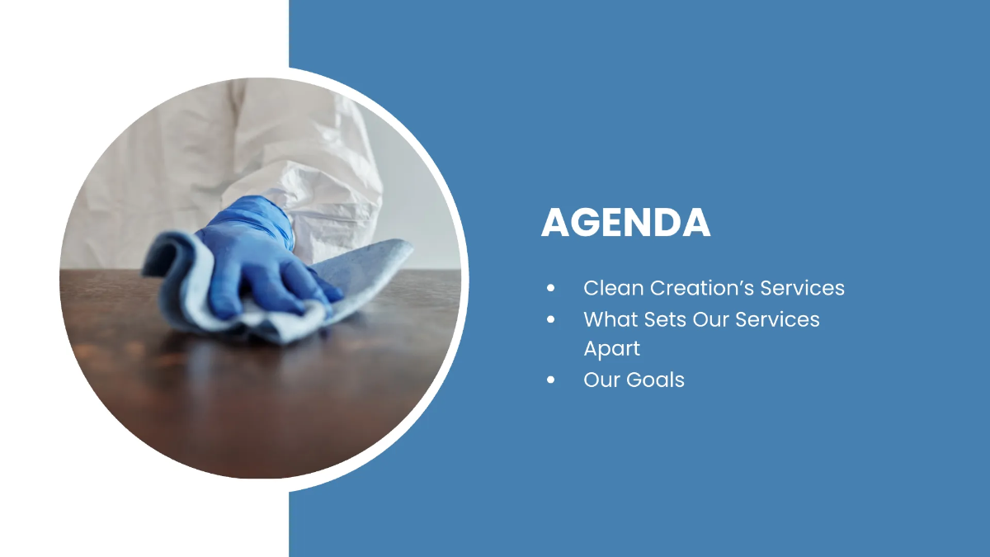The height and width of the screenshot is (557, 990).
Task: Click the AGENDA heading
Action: [x=626, y=223]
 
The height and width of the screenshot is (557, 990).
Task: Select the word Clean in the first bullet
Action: [x=614, y=288]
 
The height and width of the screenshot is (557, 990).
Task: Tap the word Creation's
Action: [x=702, y=288]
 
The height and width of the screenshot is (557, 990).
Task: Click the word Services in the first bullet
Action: [x=802, y=288]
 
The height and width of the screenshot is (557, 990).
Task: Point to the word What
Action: [x=610, y=319]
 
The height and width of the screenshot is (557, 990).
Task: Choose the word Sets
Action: [x=664, y=319]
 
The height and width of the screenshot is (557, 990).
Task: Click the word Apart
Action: [x=611, y=349]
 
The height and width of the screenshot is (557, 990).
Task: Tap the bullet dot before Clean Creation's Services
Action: [x=551, y=288]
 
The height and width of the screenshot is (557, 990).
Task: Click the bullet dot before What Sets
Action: [x=551, y=319]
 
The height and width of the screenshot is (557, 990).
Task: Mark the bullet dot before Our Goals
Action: [x=551, y=380]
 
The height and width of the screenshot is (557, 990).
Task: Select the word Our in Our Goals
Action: [x=601, y=380]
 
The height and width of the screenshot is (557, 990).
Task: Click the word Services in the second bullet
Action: [x=777, y=319]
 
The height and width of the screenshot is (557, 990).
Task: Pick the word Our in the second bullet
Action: [x=710, y=319]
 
